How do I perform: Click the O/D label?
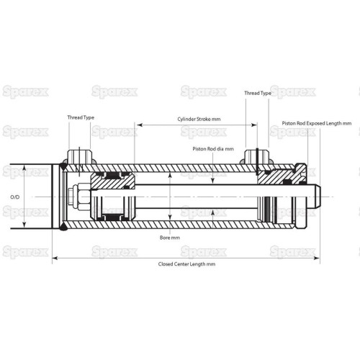pos(15,197)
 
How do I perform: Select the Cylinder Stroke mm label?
pos(199,119)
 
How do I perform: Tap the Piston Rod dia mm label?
pos(213,149)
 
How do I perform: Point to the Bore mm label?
pos(170,238)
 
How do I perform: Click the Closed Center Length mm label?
pos(186,264)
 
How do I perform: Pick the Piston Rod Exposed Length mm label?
pos(317,123)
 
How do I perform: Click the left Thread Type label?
pos(81,117)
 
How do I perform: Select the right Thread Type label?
pos(258,93)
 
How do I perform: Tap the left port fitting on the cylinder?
pos(80,157)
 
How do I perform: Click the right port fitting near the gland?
pos(256,157)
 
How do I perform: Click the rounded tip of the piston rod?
pos(318,197)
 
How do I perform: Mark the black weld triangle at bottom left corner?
pos(63,226)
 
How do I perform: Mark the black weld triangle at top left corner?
pos(63,166)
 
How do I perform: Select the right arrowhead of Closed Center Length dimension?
pos(317,258)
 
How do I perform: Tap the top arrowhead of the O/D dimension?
pos(24,168)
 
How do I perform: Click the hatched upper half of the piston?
pos(112,181)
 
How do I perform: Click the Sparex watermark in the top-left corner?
pos(25,92)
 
